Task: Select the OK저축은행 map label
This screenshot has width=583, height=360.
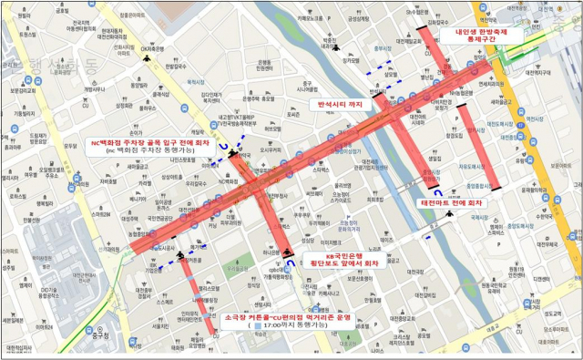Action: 151,48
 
